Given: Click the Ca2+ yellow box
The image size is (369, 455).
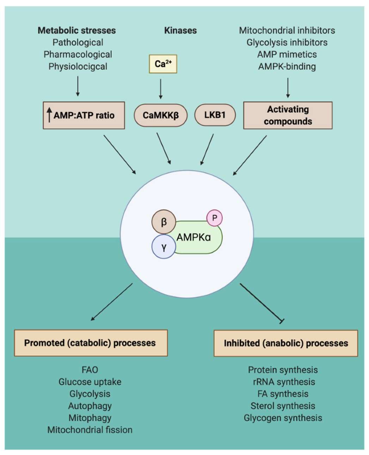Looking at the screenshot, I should (x=163, y=64).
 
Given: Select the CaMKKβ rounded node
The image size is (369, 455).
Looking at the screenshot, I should (x=160, y=115).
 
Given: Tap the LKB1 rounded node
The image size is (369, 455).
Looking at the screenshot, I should (x=215, y=115).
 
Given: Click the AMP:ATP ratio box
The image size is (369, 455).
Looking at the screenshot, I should (x=84, y=115).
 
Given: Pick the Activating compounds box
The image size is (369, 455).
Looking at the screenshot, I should (x=288, y=115).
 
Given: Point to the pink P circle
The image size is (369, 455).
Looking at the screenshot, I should (x=214, y=218).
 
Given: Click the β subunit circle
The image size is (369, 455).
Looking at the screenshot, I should (x=164, y=222).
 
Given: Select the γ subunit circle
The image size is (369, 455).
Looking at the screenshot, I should (x=164, y=247).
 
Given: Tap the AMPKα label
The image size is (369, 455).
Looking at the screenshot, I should (x=194, y=237).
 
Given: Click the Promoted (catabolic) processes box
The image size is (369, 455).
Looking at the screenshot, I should (x=90, y=343).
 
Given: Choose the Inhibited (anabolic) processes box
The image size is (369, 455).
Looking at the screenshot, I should (x=286, y=343).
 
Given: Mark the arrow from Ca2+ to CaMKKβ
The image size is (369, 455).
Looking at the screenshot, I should (x=161, y=88).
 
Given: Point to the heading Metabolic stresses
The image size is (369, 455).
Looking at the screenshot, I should (x=77, y=30).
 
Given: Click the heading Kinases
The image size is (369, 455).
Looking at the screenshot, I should (x=180, y=30).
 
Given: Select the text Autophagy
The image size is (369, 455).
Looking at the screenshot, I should (x=90, y=406).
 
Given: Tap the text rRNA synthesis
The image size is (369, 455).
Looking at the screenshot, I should (x=283, y=382).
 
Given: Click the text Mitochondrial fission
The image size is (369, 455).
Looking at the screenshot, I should (x=90, y=430).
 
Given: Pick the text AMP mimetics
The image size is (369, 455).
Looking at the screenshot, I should (x=287, y=54).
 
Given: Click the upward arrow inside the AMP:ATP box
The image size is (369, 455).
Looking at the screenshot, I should (x=49, y=115).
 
